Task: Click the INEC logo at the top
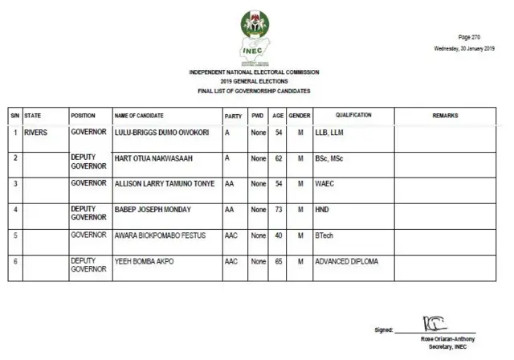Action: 255,35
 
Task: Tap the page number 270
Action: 470,38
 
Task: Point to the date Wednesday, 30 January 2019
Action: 464,49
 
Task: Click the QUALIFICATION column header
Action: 353,116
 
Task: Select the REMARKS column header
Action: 445,116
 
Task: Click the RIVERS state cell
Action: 37,131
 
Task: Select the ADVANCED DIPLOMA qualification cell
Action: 346,262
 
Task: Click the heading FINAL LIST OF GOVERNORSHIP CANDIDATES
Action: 254,92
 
